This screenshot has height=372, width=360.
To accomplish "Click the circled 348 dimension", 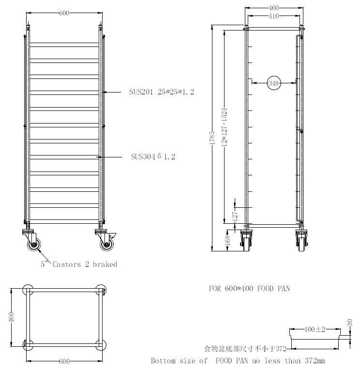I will [x=274, y=83].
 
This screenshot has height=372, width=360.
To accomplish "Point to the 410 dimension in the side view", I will [x=274, y=16].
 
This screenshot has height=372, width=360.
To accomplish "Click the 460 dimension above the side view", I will [x=274, y=8].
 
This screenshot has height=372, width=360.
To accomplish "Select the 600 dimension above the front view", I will [x=64, y=13].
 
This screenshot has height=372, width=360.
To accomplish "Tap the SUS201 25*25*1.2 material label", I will [x=162, y=92].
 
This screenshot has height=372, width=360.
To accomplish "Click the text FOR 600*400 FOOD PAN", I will [x=249, y=288].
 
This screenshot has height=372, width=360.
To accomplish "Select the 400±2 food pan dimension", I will [x=314, y=329].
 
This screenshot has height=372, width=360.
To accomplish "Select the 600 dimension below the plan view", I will [x=64, y=361].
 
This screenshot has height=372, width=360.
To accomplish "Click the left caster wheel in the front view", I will [x=34, y=245].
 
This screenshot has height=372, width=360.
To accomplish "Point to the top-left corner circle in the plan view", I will [x=28, y=290].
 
